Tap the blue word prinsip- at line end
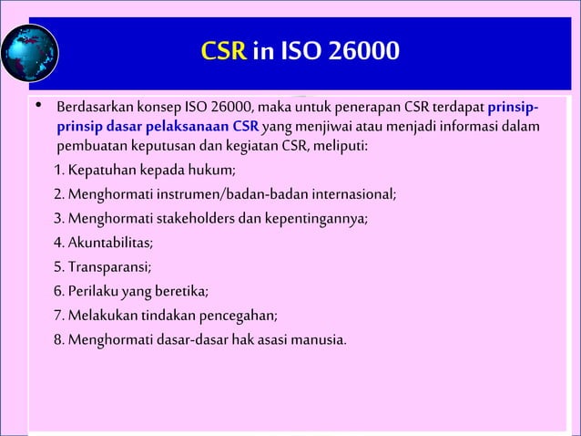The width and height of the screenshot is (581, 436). point(518,109)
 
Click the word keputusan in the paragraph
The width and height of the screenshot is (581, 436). point(155,146)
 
